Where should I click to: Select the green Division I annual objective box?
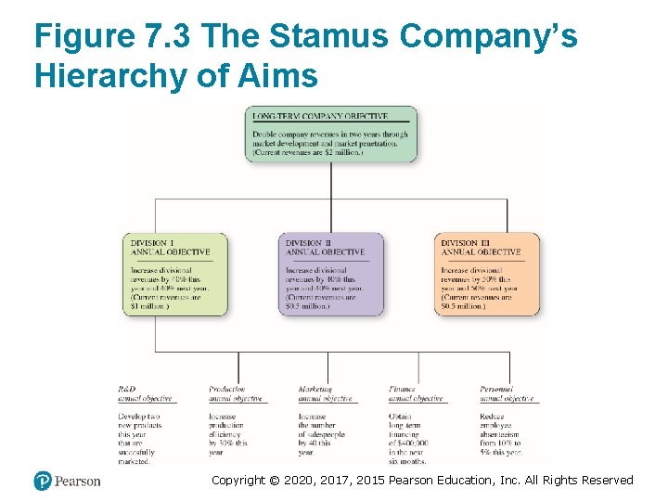(x=174, y=275)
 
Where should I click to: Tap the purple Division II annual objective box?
(x=332, y=275)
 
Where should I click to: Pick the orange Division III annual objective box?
(x=488, y=275)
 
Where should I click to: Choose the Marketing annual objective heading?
(x=325, y=393)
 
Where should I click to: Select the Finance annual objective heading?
(x=415, y=393)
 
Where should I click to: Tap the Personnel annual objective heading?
(x=506, y=393)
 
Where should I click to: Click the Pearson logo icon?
(x=43, y=481)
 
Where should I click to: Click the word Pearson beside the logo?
(x=78, y=481)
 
